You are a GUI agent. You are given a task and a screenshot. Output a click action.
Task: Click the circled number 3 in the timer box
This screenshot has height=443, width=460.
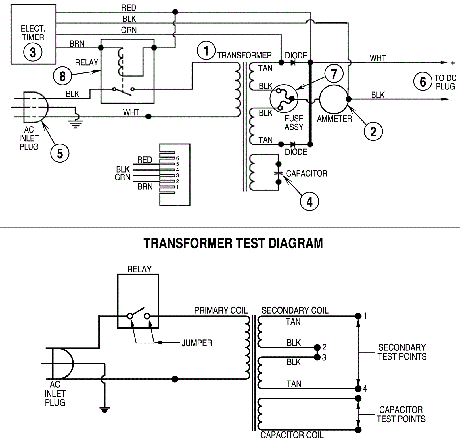coord(33,52)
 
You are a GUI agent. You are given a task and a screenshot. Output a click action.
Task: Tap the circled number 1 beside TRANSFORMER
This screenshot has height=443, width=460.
coord(206,51)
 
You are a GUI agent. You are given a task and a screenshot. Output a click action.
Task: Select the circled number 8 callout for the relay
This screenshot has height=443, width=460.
coord(62,77)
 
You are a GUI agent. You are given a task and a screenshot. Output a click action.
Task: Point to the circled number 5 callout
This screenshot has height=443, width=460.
coord(60,153)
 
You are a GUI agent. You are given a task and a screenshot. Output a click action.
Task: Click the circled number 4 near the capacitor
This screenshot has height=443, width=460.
coord(309,202)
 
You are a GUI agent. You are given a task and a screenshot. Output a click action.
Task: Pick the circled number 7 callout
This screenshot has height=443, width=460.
coord(334,74)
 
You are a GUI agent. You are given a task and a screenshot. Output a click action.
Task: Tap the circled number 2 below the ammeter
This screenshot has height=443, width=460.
coord(373,131)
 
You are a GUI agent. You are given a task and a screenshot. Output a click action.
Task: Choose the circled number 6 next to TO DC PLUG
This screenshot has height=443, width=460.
coord(423,82)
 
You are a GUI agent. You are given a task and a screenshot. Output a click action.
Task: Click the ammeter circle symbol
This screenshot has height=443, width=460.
coord(333,99)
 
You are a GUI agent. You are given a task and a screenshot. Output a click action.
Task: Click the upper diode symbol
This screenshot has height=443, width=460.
coord(293,62)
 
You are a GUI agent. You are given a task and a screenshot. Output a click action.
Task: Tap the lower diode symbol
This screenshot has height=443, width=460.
coord(293,144)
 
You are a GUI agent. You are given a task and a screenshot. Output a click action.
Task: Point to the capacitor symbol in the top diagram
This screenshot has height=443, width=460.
coord(278,173)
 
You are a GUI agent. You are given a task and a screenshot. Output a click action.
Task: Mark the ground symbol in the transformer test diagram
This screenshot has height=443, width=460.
coord(104,410)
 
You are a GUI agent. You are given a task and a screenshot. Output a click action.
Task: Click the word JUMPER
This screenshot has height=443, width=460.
coord(197,343)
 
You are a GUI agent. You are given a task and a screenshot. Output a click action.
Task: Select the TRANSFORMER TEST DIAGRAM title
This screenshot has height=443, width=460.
coord(233,243)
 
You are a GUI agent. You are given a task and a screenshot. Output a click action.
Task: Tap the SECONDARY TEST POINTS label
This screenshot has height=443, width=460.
coord(402,352)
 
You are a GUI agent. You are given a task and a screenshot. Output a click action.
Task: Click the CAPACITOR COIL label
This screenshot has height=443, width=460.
coord(292,435)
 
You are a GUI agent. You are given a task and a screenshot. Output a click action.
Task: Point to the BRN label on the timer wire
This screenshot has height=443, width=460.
coord(77,43)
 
